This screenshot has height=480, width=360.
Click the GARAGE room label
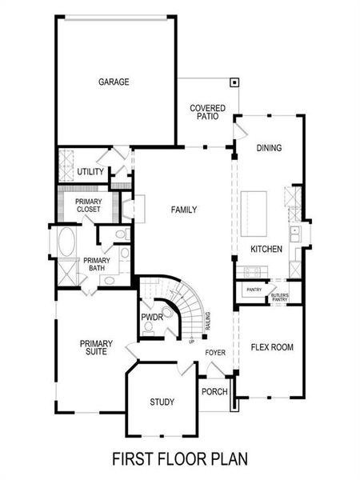tap(114, 82)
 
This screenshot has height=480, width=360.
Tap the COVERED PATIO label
tap(207, 112)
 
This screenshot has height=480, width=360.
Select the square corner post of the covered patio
tap(234, 81)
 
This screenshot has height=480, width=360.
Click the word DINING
tap(269, 148)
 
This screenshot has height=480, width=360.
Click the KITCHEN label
tap(266, 250)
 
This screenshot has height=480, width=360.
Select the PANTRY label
tap(254, 290)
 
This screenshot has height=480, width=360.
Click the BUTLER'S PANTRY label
tap(279, 297)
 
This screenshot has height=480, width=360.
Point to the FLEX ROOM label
tap(272, 347)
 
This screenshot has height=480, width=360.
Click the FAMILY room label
tap(184, 210)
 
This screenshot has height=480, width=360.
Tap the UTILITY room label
tap(90, 172)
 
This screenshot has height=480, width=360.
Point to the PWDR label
tap(152, 318)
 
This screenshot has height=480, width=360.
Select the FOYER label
tap(215, 352)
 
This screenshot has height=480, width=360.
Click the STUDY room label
tap(162, 402)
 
